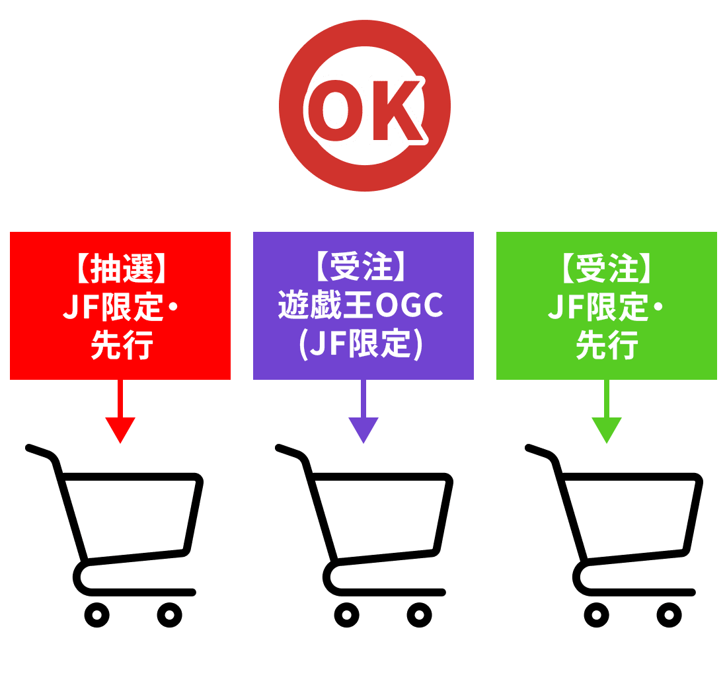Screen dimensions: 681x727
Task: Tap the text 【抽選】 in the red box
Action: [120, 269]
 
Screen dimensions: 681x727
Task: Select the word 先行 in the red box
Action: [120, 344]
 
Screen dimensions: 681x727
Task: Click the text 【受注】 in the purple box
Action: [363, 269]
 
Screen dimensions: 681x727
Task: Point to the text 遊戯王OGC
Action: [363, 306]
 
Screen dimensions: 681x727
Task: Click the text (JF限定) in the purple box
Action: [363, 344]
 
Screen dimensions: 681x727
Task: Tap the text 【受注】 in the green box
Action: [606, 269]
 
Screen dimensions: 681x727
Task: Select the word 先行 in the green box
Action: [606, 344]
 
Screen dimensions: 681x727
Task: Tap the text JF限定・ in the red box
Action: [120, 306]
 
